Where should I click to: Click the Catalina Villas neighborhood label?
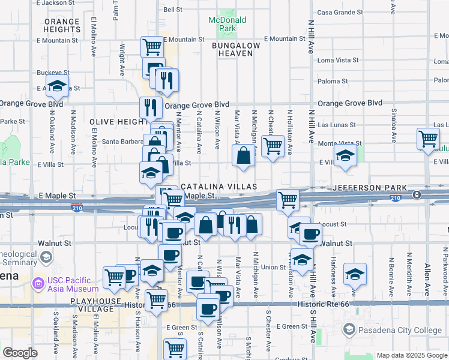point(219,187)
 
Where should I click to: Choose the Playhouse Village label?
point(91,305)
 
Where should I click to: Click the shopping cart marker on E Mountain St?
point(152,47)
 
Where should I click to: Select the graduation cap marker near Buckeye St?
point(57,86)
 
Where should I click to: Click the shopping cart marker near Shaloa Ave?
point(429,139)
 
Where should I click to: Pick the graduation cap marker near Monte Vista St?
point(345,156)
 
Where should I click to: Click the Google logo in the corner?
point(20,353)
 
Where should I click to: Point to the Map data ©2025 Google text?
point(411,355)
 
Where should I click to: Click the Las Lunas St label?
point(336,125)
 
